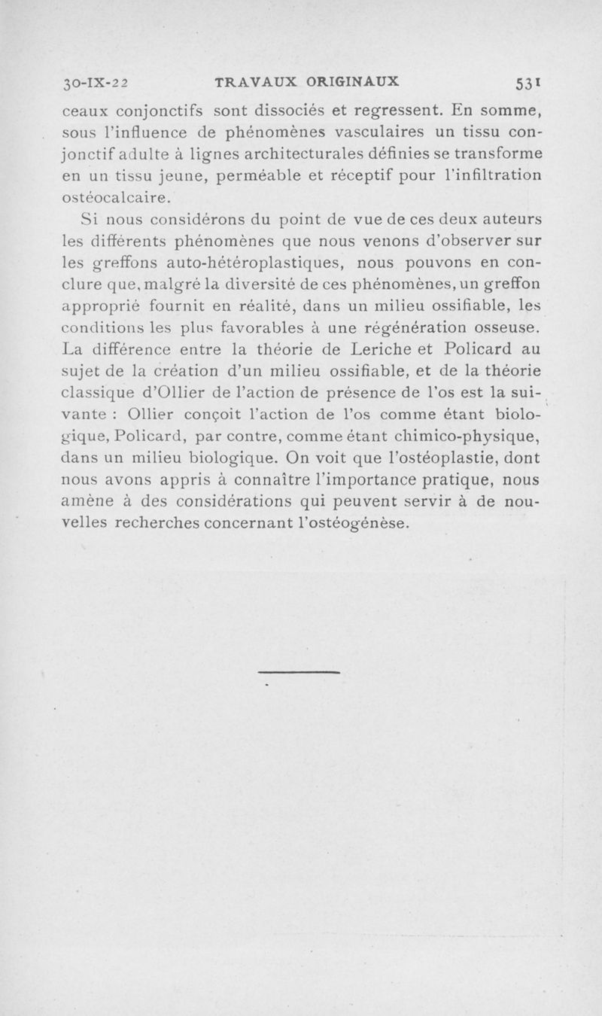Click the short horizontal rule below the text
299,671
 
